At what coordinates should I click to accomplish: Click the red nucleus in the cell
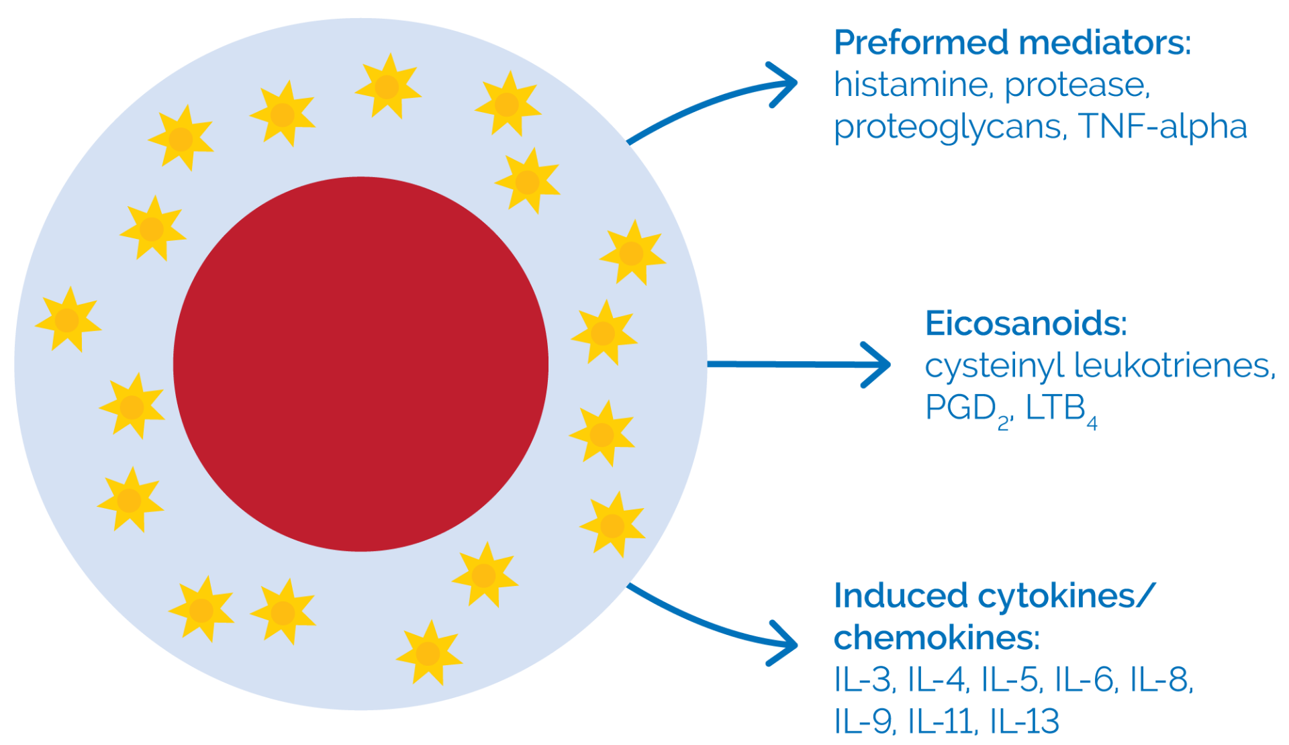(x=361, y=364)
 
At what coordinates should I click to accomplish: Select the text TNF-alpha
(x=1163, y=126)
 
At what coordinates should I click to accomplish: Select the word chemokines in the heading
(x=936, y=638)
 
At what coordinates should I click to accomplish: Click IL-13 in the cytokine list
(x=1024, y=722)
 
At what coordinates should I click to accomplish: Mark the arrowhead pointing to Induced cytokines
(x=785, y=644)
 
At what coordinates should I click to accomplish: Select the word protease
(x=1077, y=85)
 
